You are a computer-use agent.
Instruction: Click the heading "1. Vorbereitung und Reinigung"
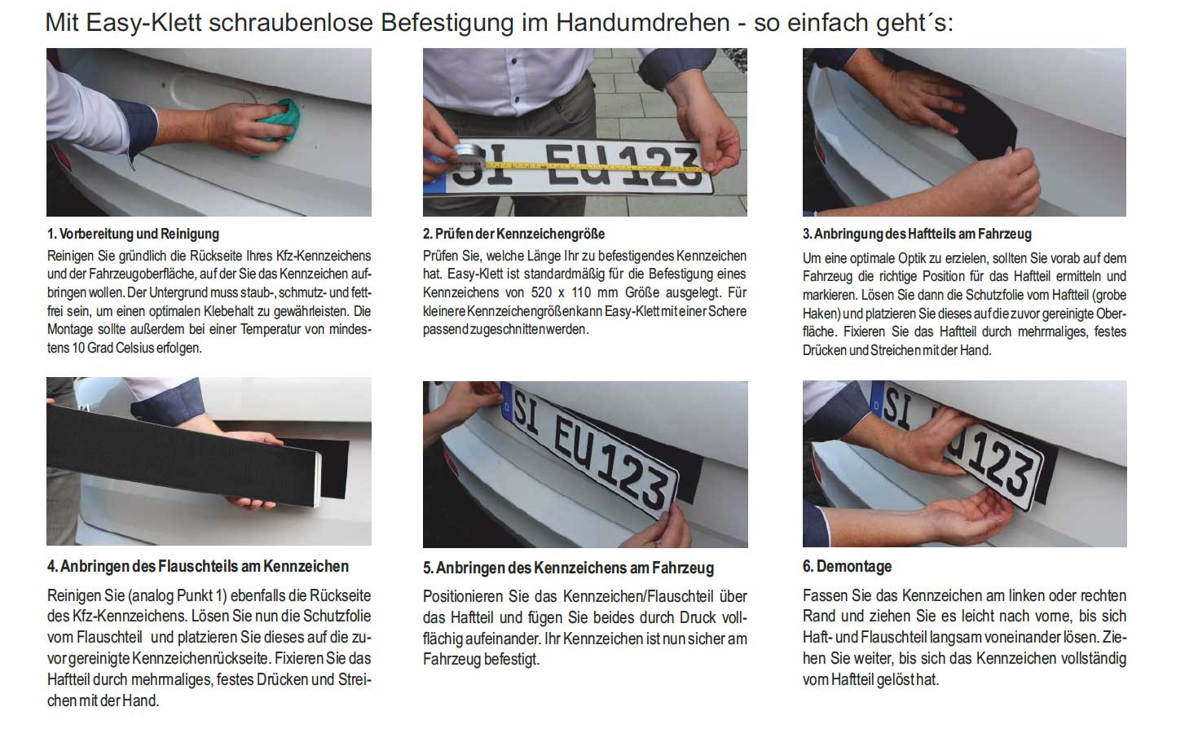[x=133, y=234]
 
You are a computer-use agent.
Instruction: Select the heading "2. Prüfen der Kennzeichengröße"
[x=513, y=234]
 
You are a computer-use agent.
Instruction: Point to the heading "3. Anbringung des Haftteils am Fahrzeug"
[x=917, y=234]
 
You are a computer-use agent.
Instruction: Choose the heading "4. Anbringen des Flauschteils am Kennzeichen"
[x=198, y=567]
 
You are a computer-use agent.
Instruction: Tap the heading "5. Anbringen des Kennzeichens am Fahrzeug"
[x=568, y=568]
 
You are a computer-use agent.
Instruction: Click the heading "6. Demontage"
[x=847, y=567]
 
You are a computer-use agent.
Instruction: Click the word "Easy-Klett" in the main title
[x=143, y=24]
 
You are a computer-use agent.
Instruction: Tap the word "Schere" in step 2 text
[x=728, y=311]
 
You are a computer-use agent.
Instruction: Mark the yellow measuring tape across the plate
[x=595, y=166]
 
